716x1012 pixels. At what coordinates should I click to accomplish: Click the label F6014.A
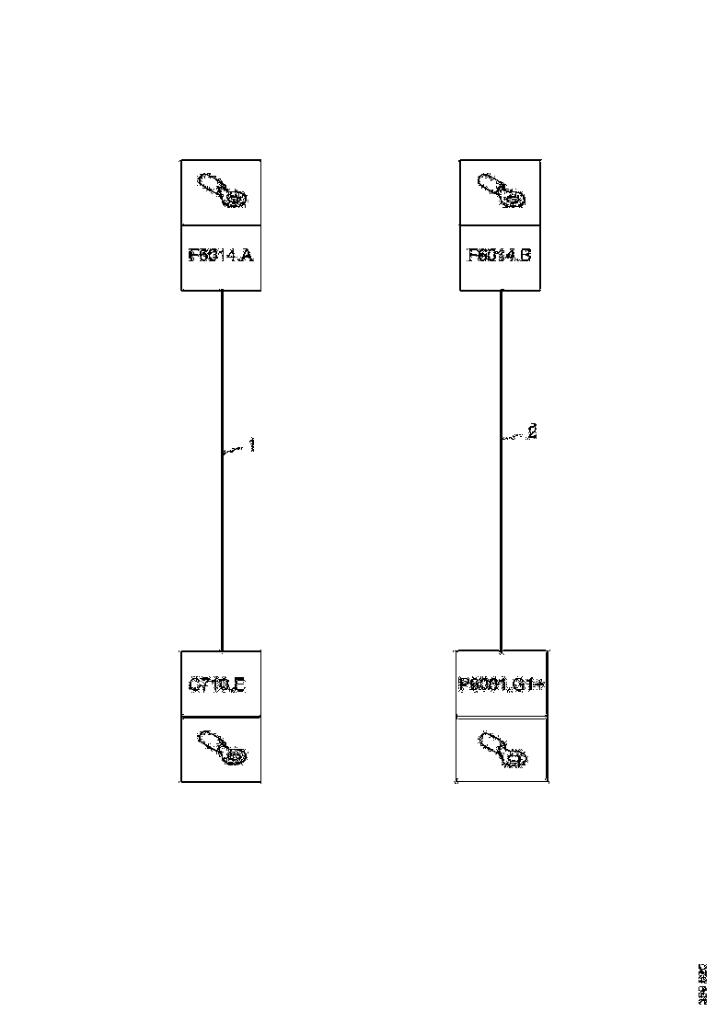click(221, 257)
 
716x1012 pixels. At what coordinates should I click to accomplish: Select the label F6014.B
click(500, 257)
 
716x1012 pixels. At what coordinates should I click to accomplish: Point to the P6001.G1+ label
click(502, 685)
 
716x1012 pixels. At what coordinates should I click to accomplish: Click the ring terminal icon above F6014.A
click(221, 191)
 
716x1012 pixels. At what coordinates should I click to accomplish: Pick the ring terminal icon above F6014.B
click(500, 191)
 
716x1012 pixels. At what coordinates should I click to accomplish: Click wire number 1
click(251, 445)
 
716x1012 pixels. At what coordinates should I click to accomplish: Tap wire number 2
click(531, 432)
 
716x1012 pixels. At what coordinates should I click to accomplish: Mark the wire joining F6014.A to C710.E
click(222, 552)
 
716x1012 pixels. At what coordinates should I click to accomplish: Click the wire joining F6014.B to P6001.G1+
click(501, 552)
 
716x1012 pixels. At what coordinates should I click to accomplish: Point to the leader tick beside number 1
click(234, 449)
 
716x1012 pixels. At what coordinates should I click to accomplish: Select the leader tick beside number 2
click(513, 437)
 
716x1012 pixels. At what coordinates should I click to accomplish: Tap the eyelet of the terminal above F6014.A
click(237, 200)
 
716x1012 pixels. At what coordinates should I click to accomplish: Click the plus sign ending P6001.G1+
click(543, 685)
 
